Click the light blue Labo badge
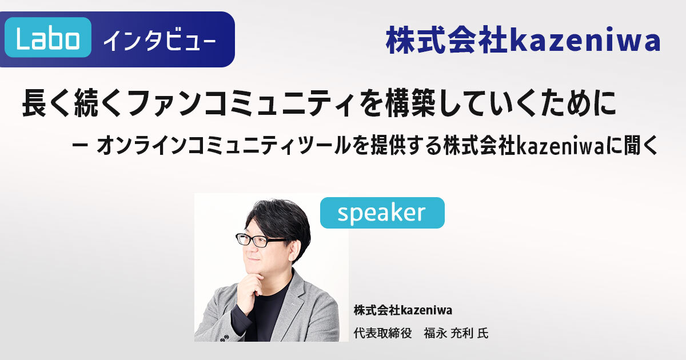pyautogui.click(x=48, y=37)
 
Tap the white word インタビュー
pyautogui.click(x=159, y=40)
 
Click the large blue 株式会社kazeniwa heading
pyautogui.click(x=523, y=40)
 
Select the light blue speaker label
pyautogui.click(x=382, y=213)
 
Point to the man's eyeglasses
pyautogui.click(x=260, y=239)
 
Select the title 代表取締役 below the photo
pyautogui.click(x=382, y=333)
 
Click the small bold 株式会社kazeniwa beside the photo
pyautogui.click(x=402, y=310)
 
